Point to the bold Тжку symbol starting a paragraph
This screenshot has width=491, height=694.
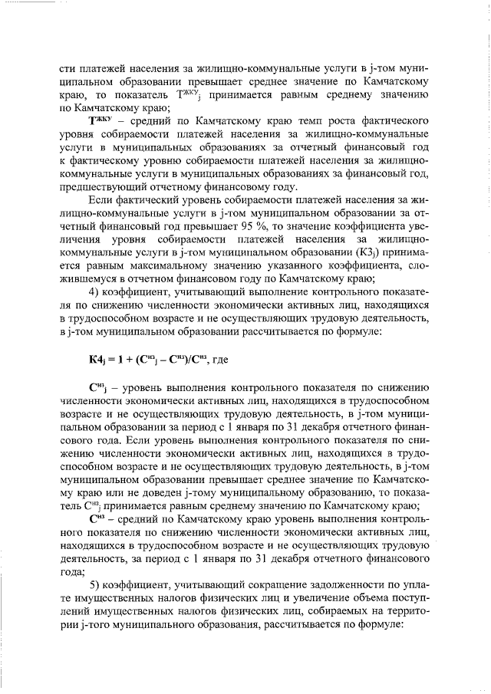click(103, 121)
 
